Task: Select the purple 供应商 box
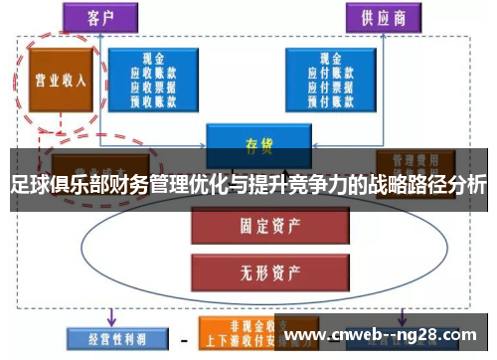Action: point(383,17)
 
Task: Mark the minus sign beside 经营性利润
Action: point(183,339)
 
